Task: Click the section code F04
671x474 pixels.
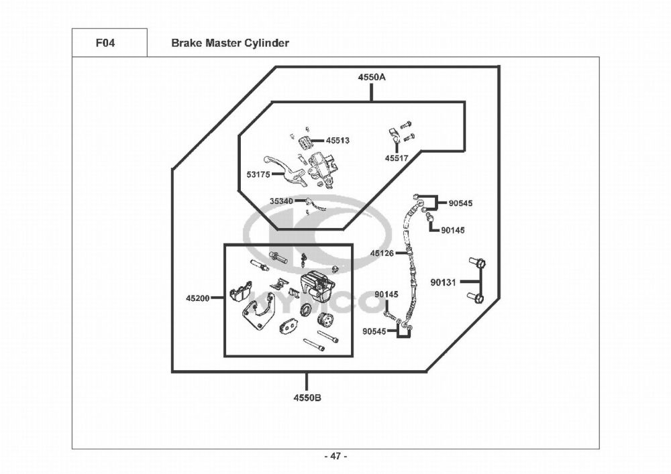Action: (x=105, y=43)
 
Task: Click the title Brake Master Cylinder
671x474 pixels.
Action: (x=229, y=43)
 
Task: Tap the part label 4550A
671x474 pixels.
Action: (x=372, y=77)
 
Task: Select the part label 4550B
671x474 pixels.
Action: (x=307, y=398)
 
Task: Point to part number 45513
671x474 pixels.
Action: (x=338, y=140)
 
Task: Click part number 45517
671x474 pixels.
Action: (x=397, y=158)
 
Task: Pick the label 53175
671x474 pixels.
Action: (x=258, y=174)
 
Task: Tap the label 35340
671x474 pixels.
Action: (x=281, y=201)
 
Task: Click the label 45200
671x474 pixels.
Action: (x=198, y=298)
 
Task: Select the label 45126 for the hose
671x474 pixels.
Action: (x=382, y=253)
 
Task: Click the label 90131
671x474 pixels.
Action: (x=444, y=282)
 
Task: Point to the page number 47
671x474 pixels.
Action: (x=335, y=457)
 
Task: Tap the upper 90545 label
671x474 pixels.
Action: (x=460, y=203)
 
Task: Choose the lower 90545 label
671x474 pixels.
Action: (x=374, y=331)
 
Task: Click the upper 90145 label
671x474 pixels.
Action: (x=453, y=231)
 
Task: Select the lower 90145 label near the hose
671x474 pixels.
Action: (x=386, y=294)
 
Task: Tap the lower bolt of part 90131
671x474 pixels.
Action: (x=476, y=297)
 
